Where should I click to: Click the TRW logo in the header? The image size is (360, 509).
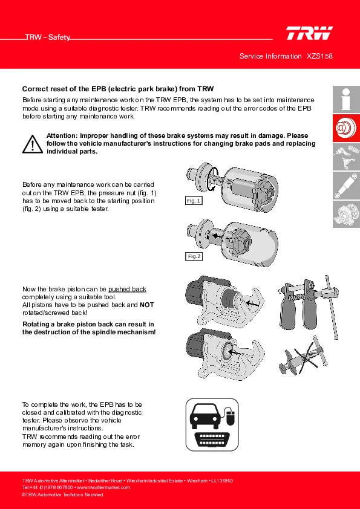tap(309, 33)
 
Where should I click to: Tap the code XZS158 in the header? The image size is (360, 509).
tap(319, 56)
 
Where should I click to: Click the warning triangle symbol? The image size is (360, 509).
tap(33, 144)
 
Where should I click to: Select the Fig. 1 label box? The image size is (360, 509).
tap(194, 201)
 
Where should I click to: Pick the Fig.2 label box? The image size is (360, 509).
tap(194, 256)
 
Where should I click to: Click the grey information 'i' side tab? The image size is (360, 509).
tap(346, 99)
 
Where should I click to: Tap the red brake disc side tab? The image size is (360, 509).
tap(346, 128)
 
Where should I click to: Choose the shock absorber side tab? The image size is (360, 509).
tap(346, 186)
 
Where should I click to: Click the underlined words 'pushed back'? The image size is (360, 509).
tap(127, 289)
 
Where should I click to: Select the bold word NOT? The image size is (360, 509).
tap(146, 305)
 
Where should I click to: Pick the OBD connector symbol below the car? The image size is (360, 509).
tap(212, 440)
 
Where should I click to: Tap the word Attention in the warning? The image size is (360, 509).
tap(62, 135)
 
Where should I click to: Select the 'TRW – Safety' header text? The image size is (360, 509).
tap(48, 37)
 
